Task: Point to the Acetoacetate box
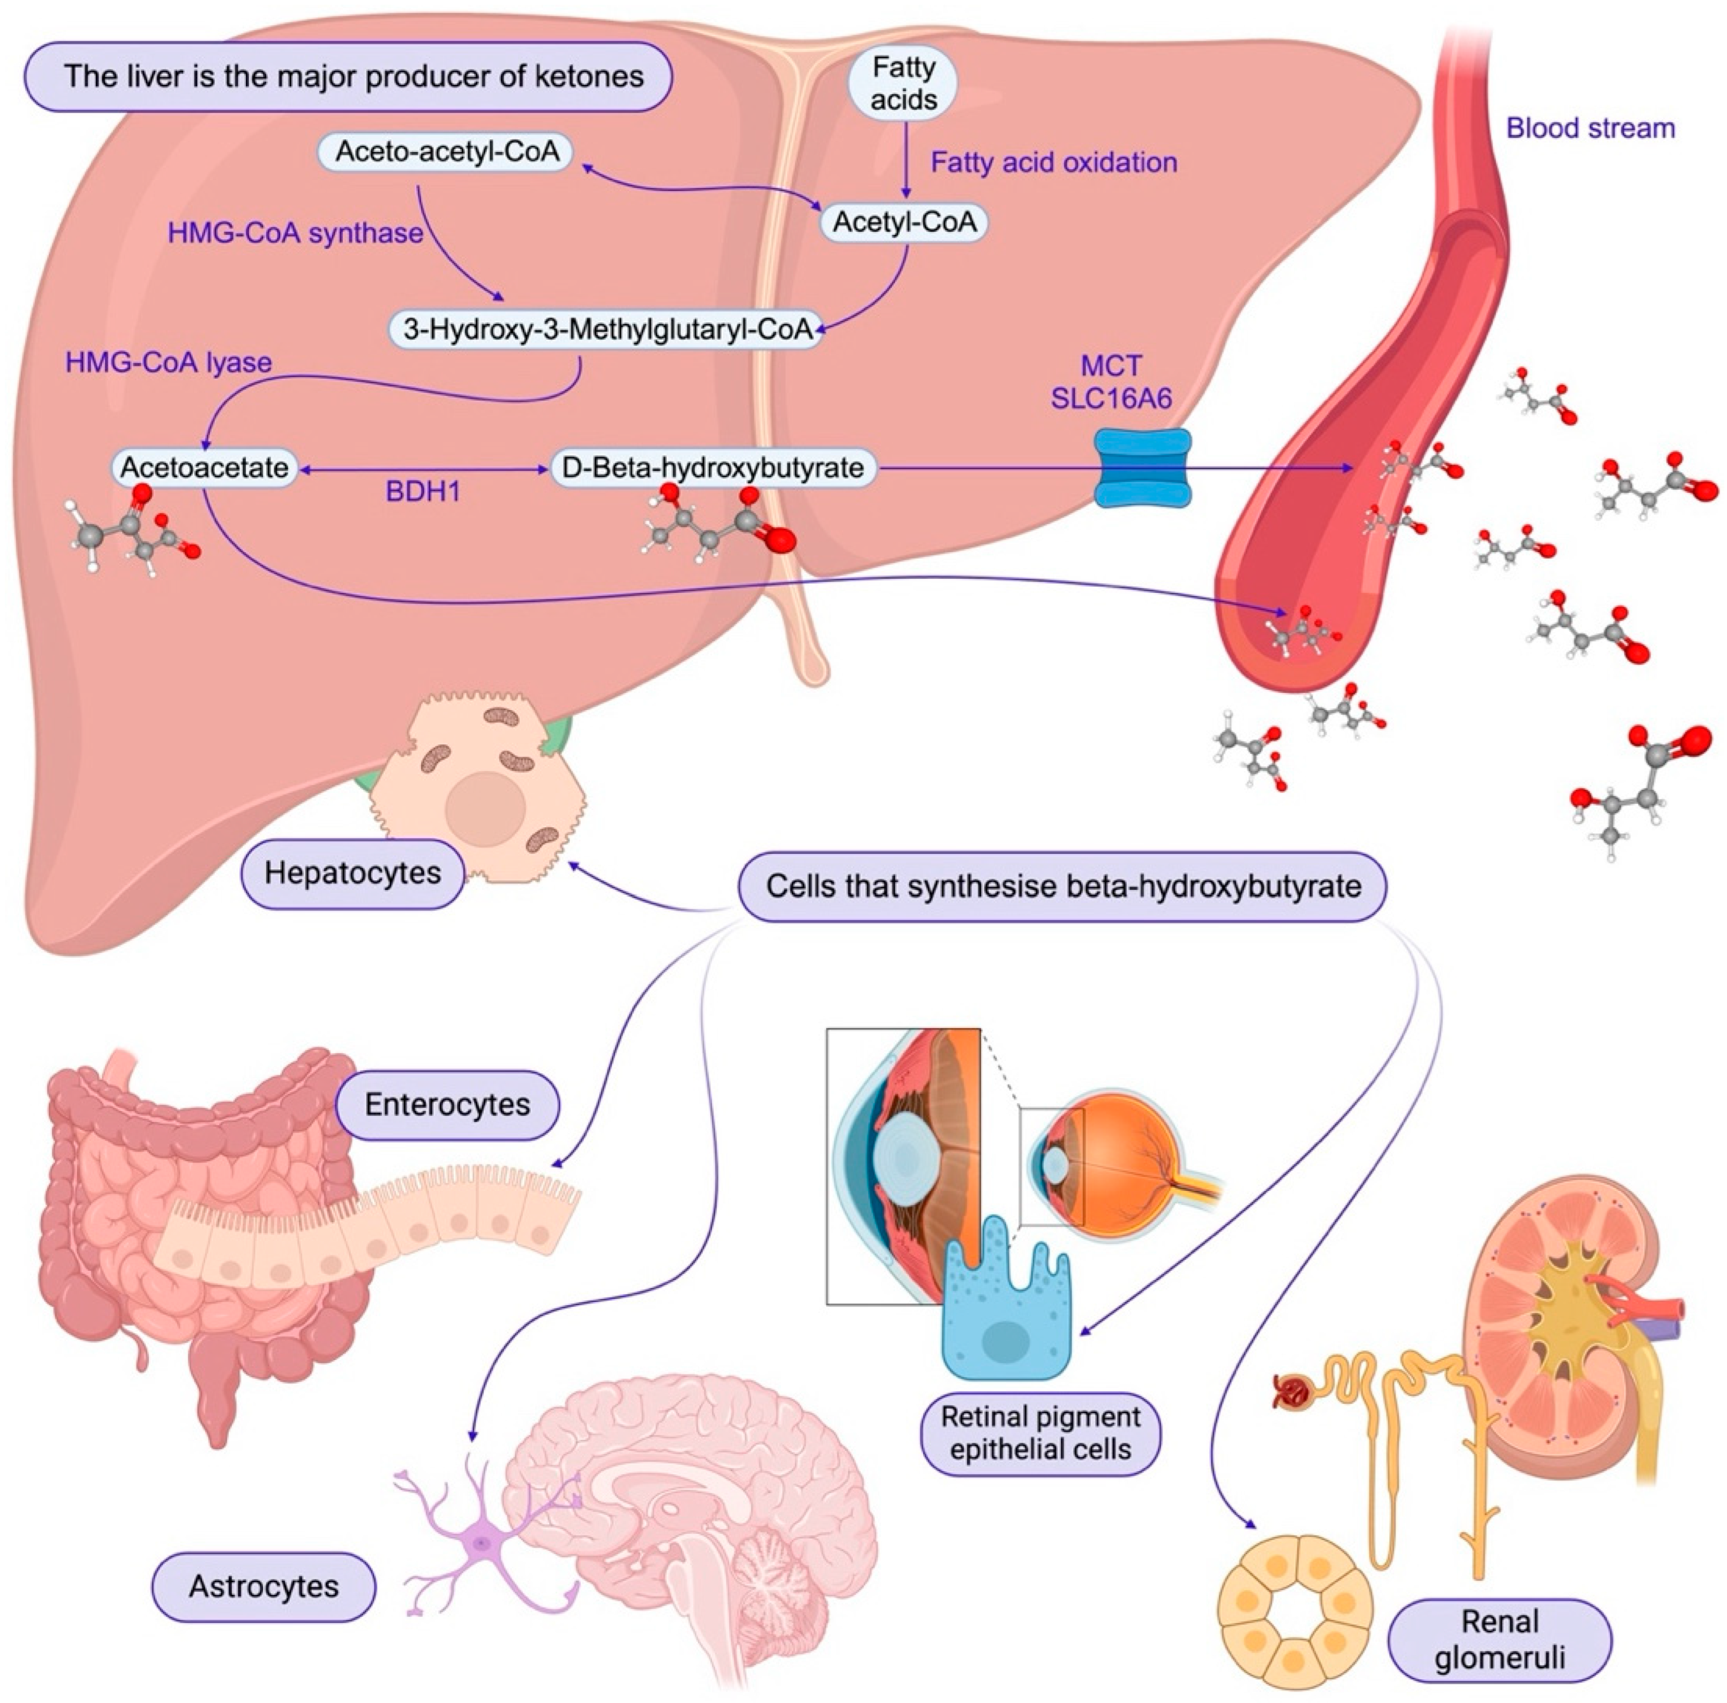click(205, 468)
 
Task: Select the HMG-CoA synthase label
click(295, 233)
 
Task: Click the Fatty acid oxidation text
click(1053, 163)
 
